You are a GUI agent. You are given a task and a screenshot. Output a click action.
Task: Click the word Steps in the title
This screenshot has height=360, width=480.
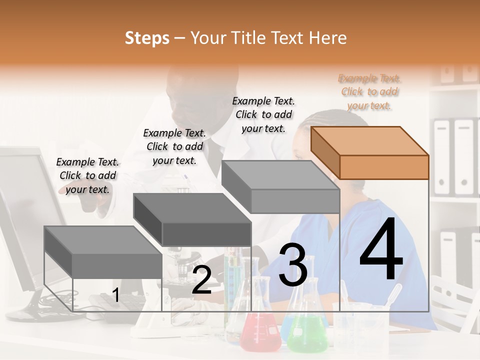[x=147, y=38]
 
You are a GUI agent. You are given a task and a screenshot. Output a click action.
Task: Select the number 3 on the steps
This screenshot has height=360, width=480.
[x=293, y=264]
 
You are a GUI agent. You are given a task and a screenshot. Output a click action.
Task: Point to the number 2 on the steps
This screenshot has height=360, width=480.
[x=201, y=279]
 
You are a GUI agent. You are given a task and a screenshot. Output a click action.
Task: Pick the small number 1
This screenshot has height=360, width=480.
[x=115, y=295]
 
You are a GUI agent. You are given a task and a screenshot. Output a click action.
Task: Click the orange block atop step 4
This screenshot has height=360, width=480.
[x=370, y=153]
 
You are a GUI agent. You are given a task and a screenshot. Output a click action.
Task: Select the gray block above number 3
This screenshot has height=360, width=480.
[x=280, y=186]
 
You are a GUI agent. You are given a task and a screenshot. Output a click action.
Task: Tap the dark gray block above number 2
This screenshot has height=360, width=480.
[x=192, y=219]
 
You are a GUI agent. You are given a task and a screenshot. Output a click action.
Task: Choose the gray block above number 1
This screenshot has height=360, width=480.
[x=103, y=252]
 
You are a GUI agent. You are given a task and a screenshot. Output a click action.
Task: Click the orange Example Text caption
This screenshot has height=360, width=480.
[x=369, y=92]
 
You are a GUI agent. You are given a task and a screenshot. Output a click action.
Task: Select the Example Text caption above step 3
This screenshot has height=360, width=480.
[x=263, y=115]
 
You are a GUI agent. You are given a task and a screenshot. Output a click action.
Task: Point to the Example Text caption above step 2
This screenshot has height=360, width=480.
[x=174, y=146]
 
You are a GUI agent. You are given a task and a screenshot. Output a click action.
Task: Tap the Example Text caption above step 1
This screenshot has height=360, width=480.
[x=87, y=175]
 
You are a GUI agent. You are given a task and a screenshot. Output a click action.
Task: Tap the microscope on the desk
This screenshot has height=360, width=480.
[x=180, y=269]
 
